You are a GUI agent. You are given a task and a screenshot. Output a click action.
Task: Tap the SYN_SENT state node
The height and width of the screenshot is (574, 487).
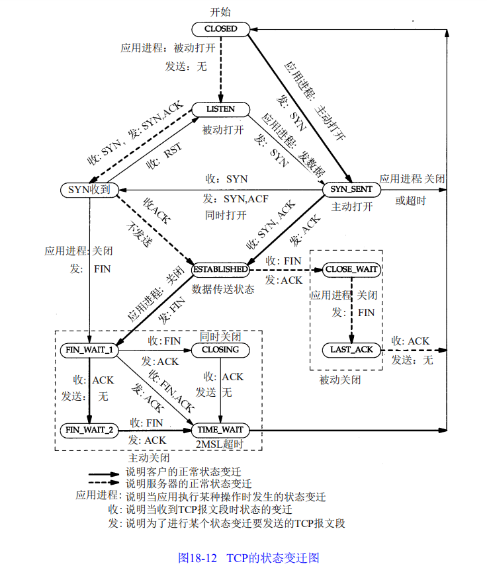[x=351, y=190]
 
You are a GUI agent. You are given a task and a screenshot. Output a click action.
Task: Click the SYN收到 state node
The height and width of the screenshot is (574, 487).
[x=89, y=190]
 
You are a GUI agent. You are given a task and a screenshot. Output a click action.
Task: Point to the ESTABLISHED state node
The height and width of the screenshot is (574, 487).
[x=220, y=270]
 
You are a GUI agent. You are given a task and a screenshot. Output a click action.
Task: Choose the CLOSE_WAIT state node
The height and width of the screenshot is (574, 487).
[x=351, y=270]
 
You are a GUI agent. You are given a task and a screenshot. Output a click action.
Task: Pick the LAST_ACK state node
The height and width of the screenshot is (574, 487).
[x=351, y=349]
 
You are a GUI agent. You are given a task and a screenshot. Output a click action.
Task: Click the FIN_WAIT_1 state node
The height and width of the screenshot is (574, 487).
[x=89, y=350]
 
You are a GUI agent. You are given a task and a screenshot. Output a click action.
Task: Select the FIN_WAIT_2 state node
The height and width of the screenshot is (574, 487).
[x=89, y=430]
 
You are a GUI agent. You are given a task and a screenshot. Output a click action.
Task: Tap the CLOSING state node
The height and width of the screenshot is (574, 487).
[x=220, y=350]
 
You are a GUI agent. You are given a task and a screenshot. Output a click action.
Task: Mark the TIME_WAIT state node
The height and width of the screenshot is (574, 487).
[x=220, y=430]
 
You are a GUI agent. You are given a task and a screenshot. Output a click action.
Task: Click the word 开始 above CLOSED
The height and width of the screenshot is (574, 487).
[x=220, y=12]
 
